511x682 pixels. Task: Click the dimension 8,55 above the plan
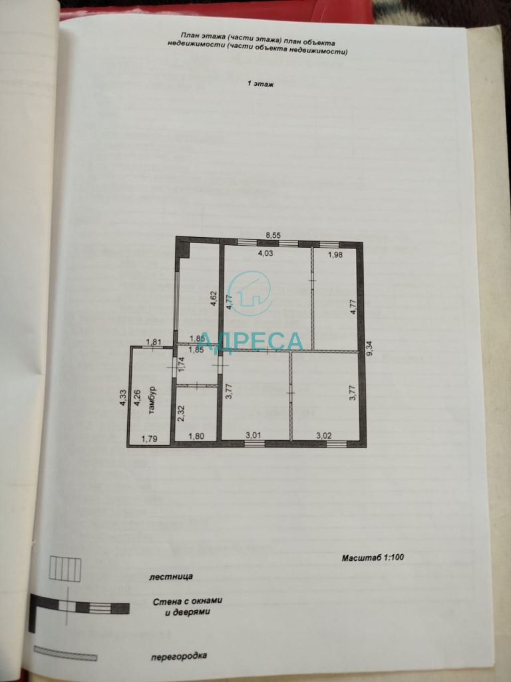(273, 235)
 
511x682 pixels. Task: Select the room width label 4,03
(265, 254)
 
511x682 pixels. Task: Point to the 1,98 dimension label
(335, 255)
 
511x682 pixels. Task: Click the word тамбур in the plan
(152, 400)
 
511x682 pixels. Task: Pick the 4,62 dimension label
(214, 298)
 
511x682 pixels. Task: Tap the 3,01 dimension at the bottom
(254, 434)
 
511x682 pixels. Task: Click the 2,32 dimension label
(182, 413)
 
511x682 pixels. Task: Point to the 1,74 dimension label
(182, 364)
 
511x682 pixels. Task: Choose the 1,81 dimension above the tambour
(154, 342)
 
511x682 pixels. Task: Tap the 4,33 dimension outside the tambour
(123, 398)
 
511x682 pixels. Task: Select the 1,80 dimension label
(197, 437)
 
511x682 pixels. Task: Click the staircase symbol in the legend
(65, 569)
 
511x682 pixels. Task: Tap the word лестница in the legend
(171, 577)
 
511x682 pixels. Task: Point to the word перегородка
(179, 656)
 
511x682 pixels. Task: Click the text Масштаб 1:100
(373, 557)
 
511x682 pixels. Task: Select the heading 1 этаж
(261, 84)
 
